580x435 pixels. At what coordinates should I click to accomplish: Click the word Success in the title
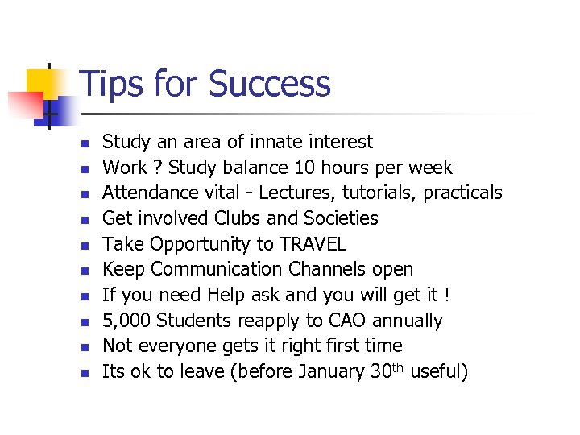(269, 84)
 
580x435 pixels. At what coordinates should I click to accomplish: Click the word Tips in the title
(110, 84)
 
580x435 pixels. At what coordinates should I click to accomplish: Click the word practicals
(462, 193)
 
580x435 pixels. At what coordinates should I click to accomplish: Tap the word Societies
(342, 218)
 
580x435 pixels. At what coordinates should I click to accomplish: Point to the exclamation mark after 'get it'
(446, 295)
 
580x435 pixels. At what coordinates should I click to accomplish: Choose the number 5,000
(126, 321)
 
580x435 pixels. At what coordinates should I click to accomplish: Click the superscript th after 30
(396, 367)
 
